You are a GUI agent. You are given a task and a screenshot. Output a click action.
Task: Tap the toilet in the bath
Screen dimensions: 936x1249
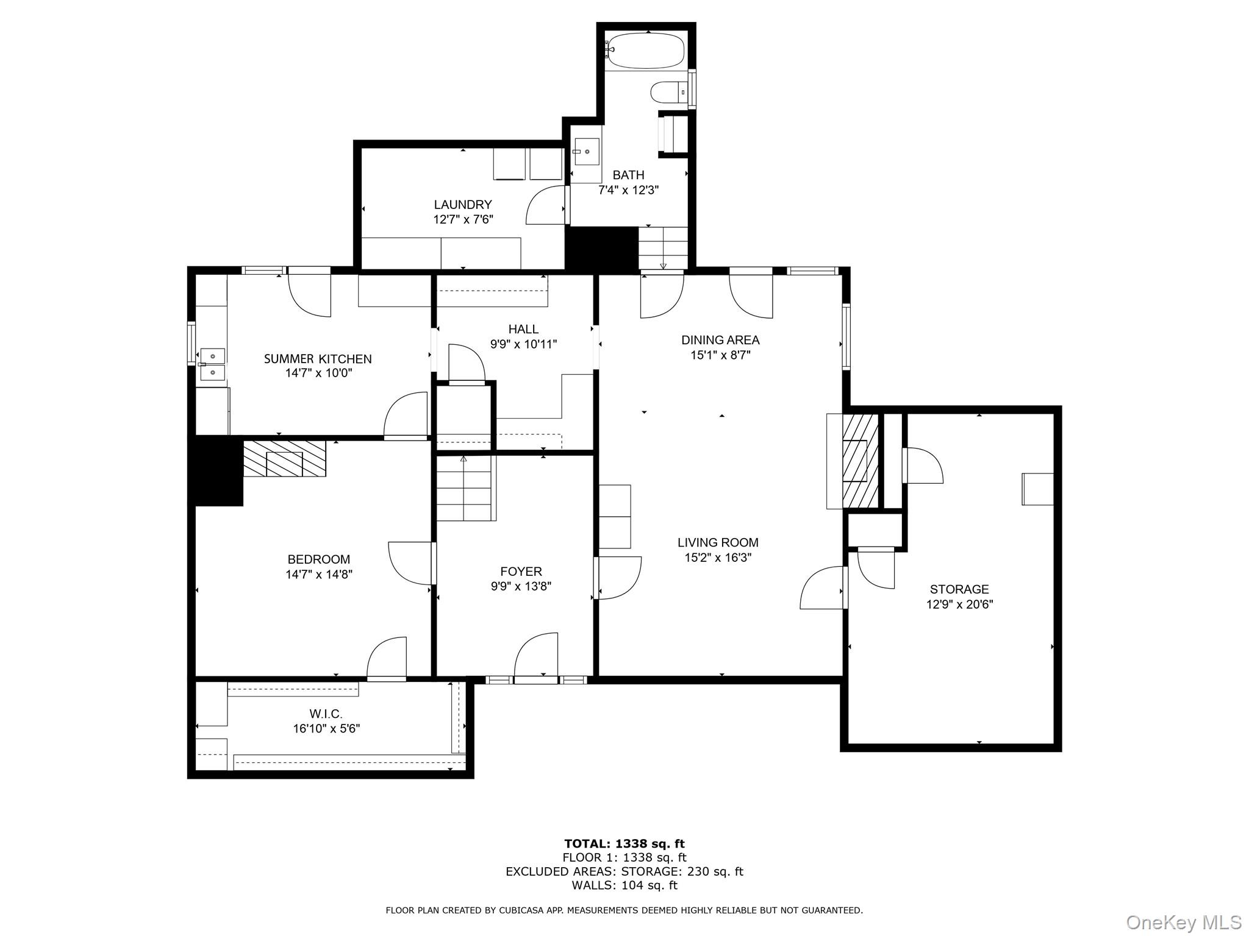(668, 93)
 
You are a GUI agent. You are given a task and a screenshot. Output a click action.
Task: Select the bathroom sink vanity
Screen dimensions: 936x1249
(586, 152)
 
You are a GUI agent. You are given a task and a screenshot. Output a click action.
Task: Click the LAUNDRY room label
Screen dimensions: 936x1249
(463, 205)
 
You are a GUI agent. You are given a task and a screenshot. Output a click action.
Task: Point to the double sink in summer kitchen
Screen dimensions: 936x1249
(212, 363)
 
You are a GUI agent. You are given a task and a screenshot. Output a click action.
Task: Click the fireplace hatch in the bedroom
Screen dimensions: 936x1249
(284, 458)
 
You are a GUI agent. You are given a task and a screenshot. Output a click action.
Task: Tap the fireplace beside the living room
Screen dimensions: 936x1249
(859, 461)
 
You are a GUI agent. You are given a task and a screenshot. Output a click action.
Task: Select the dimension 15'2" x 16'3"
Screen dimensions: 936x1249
(718, 558)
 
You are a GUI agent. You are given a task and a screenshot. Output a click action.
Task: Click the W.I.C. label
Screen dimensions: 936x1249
(326, 714)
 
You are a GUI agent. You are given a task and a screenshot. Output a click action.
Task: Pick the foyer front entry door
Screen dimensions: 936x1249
(535, 659)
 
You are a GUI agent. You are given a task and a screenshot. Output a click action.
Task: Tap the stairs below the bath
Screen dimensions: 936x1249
(663, 247)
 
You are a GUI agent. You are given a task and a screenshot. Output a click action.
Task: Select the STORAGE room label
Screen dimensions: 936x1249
(959, 589)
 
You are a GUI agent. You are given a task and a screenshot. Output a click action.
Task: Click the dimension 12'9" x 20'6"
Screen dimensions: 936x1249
(959, 604)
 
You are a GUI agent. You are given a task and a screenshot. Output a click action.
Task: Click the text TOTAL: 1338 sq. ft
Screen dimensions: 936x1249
(624, 844)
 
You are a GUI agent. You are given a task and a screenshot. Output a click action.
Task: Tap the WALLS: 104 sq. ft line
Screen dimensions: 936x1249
(624, 885)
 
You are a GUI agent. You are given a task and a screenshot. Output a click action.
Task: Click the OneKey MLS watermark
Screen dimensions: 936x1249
(1183, 923)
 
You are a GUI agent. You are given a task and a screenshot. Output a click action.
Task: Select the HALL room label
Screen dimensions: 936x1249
(523, 329)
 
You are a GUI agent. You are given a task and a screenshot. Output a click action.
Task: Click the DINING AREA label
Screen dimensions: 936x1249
(720, 340)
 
